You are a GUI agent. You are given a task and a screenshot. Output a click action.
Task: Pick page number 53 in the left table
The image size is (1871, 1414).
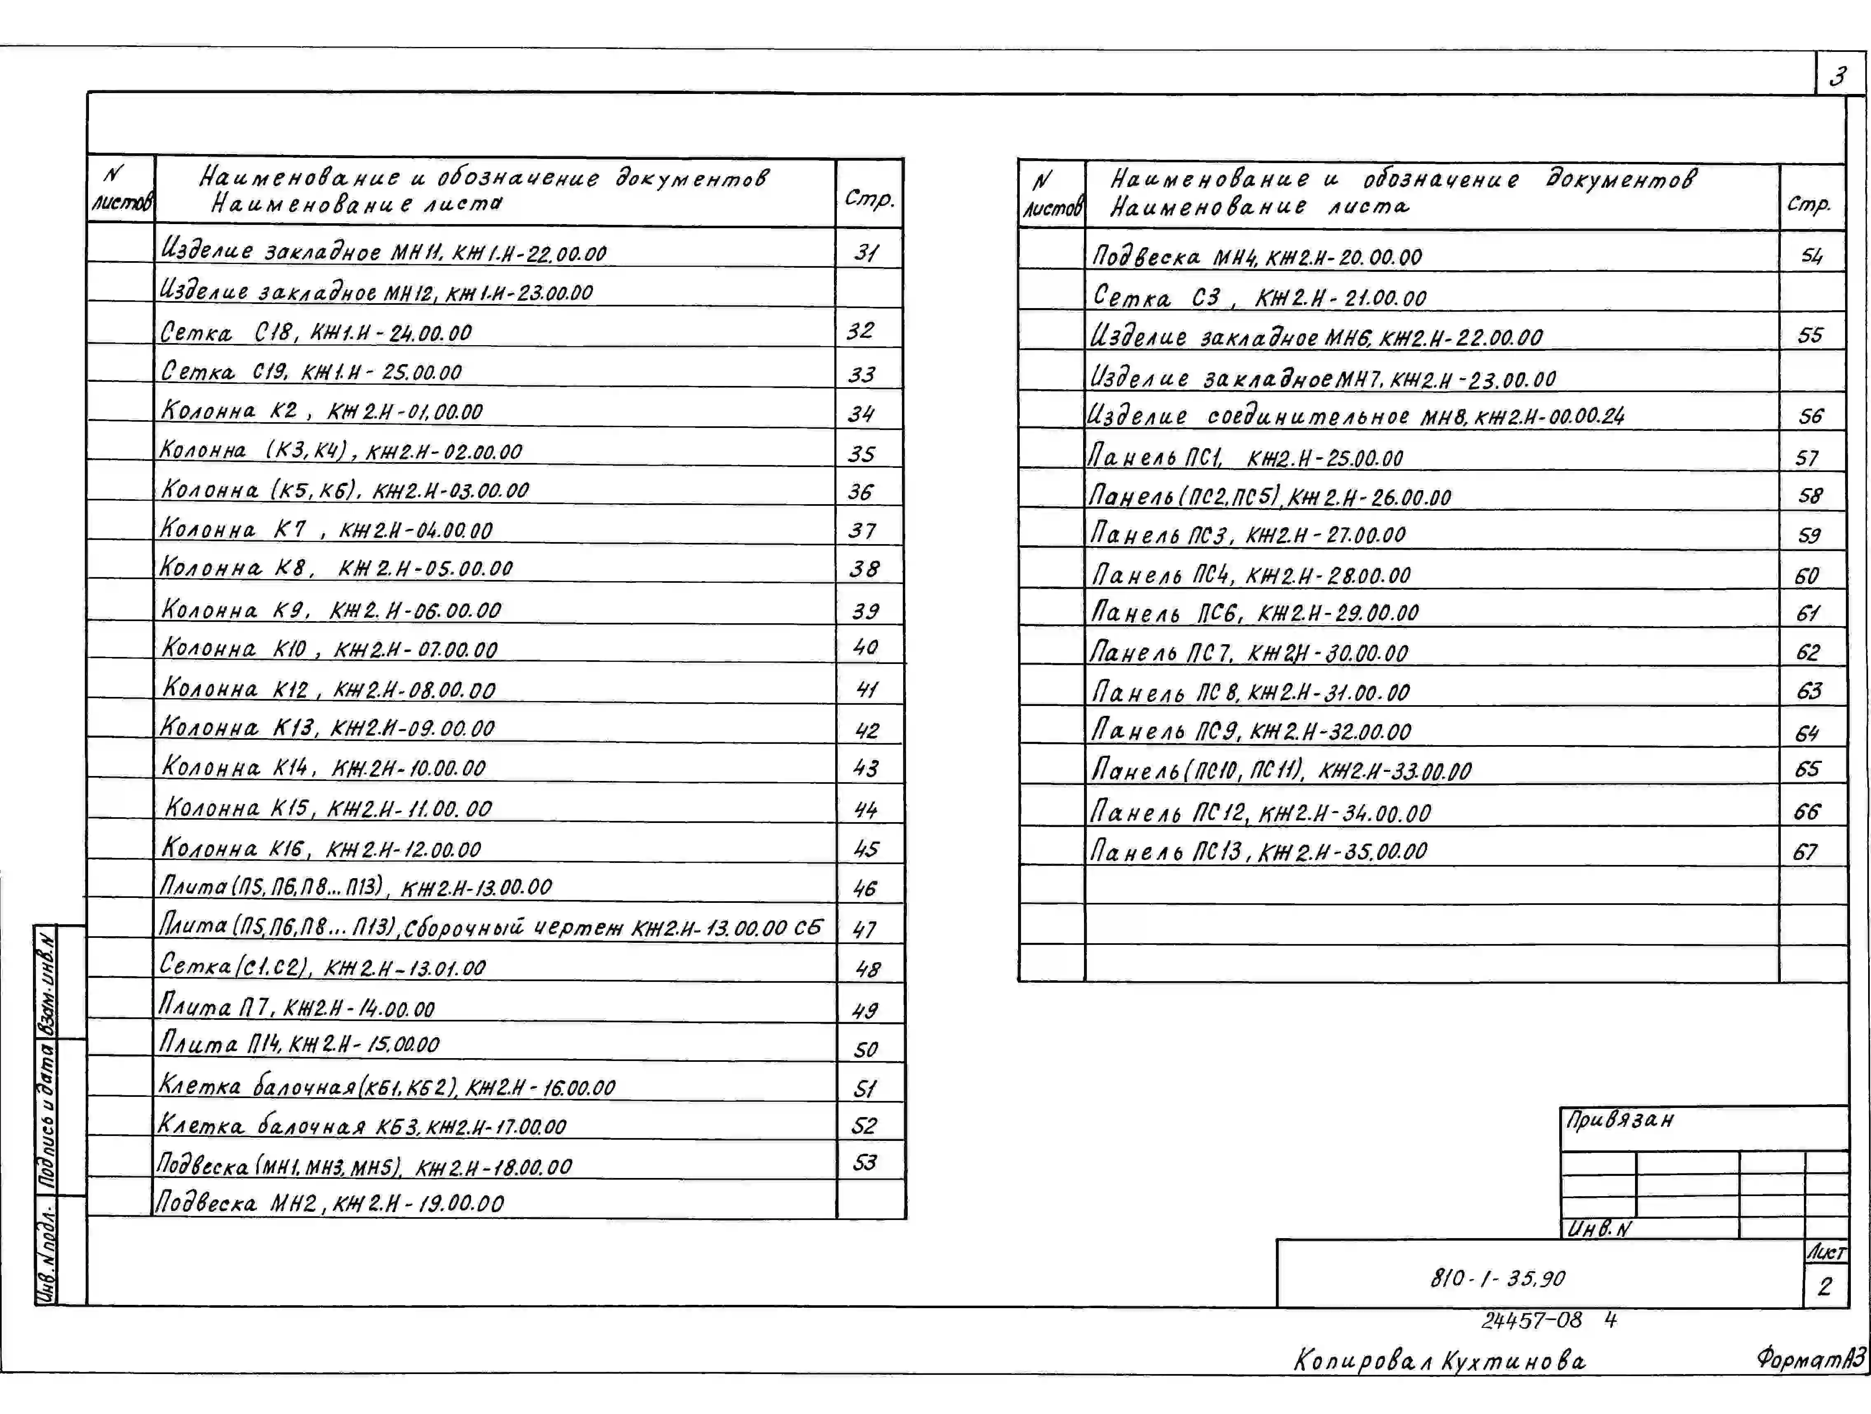[x=864, y=1163]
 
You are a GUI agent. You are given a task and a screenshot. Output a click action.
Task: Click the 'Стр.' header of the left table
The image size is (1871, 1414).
[x=869, y=199]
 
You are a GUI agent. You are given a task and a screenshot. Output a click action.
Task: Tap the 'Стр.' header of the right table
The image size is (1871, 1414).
[x=1808, y=204]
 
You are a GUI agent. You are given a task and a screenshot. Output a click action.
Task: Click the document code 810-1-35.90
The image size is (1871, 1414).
[x=1497, y=1278]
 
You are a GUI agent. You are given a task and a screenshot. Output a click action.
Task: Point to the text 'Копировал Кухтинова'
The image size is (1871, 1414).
[x=1440, y=1361]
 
